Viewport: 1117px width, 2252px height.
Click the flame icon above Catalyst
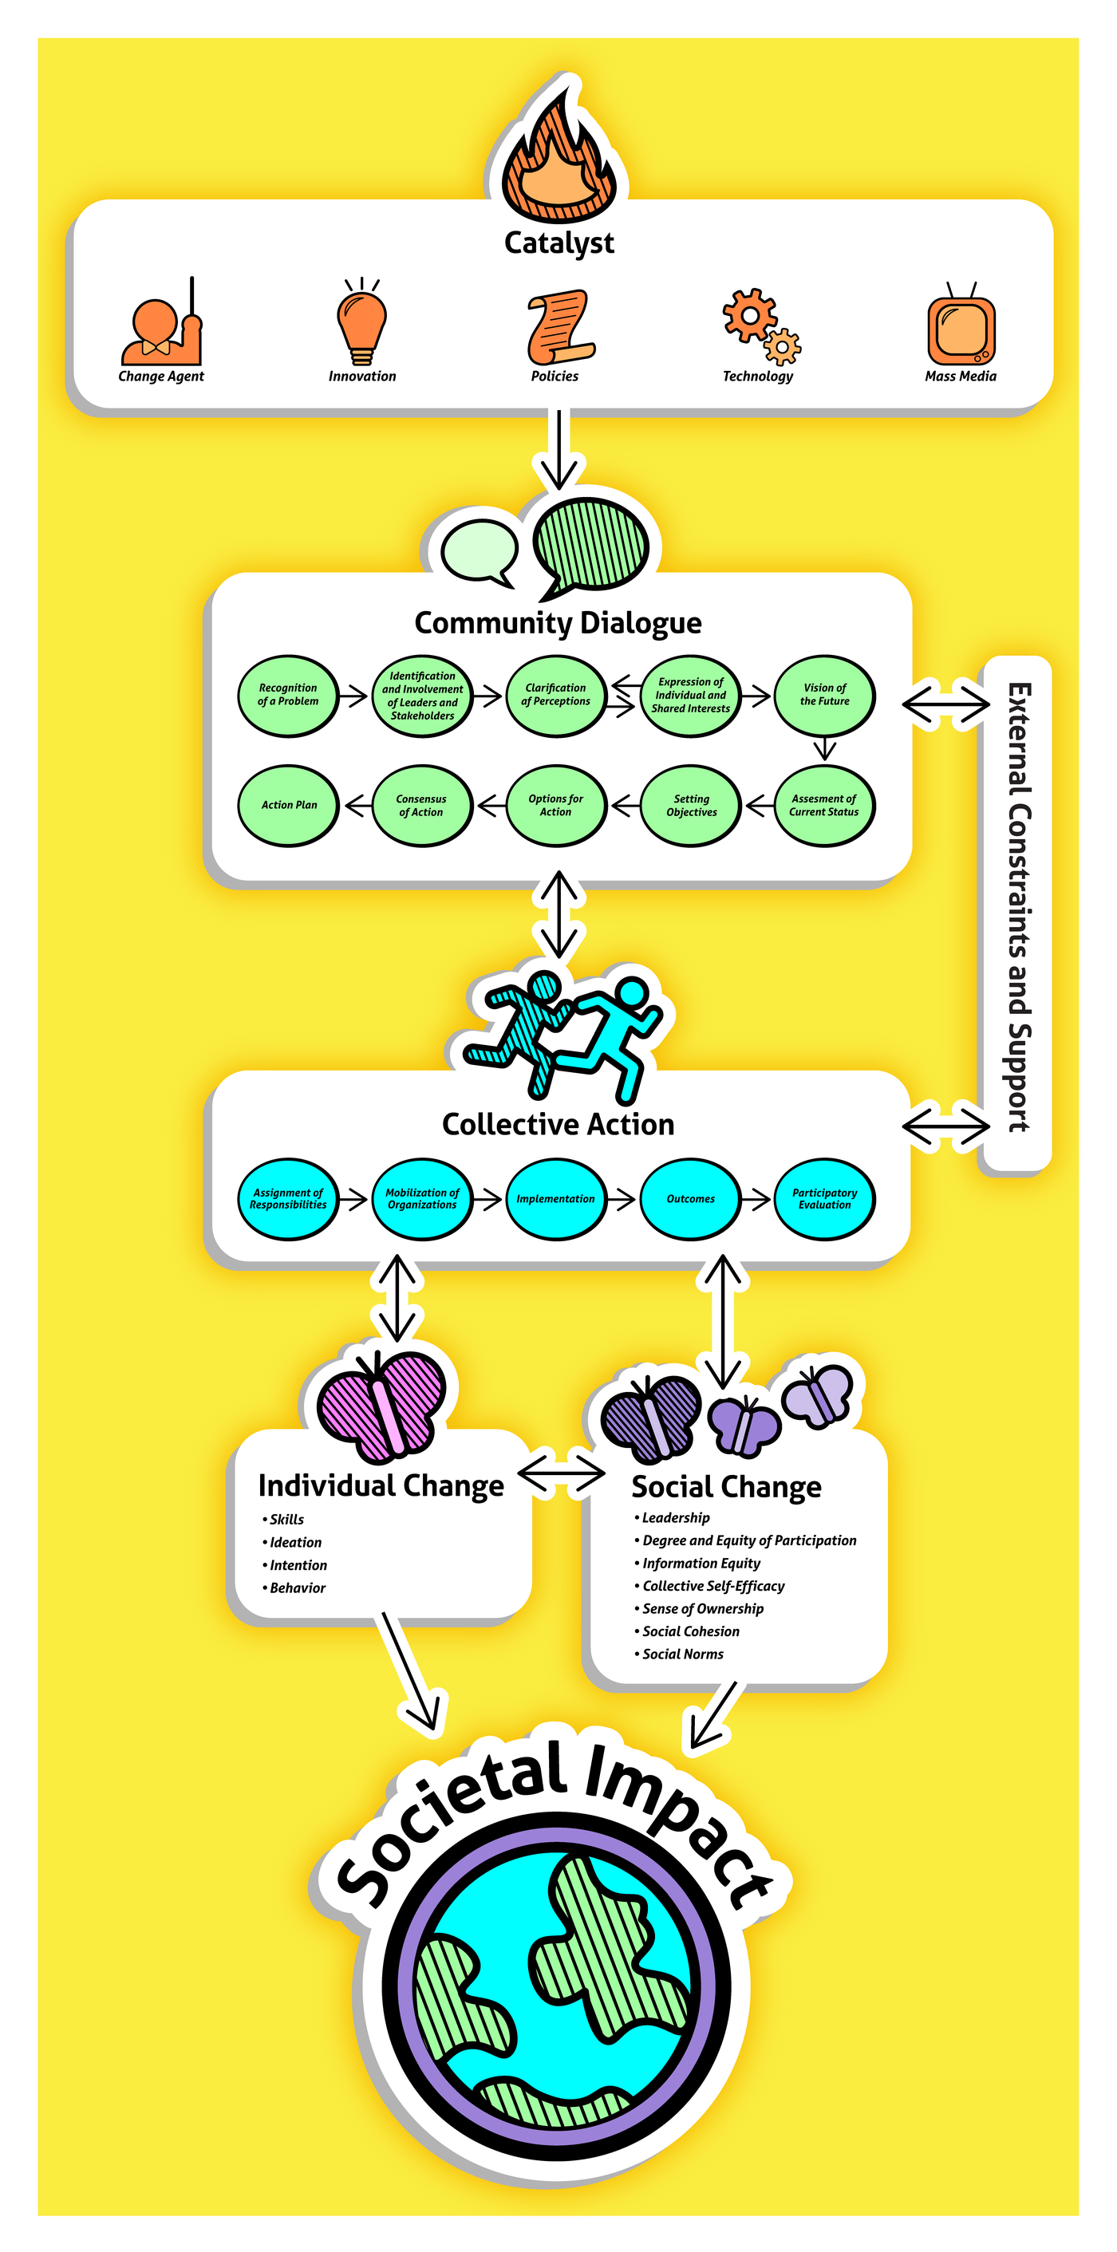tap(559, 157)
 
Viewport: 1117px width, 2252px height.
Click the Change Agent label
tap(161, 376)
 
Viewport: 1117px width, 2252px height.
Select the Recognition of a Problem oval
tap(287, 695)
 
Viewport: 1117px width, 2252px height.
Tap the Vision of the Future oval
tap(824, 695)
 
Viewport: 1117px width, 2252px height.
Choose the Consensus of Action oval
tap(421, 805)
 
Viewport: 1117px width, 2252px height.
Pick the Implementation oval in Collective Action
tap(556, 1198)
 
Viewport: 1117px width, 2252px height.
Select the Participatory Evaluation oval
tap(824, 1198)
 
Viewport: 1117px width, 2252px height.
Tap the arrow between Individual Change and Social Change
tap(561, 1474)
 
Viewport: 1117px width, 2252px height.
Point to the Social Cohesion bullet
tap(689, 1631)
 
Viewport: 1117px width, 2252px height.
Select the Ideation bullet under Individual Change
tap(294, 1542)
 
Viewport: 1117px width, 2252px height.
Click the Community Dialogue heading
tap(558, 622)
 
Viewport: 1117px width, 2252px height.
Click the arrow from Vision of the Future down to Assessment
tap(824, 749)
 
